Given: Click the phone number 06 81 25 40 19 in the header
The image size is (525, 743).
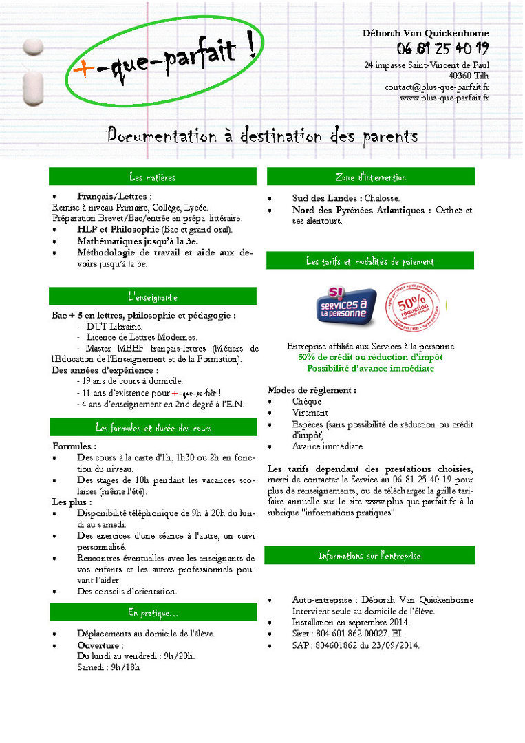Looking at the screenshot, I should (x=442, y=48).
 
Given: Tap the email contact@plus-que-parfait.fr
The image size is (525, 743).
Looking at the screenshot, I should (x=437, y=87).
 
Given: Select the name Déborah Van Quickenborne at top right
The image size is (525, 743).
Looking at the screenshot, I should (x=425, y=33).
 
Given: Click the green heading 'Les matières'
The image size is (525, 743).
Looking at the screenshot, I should (x=152, y=177).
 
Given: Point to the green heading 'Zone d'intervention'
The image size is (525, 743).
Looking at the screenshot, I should (x=370, y=177).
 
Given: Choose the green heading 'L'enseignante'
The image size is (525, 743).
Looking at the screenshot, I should (x=152, y=297).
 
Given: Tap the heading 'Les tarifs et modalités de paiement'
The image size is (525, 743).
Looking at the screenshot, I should (x=370, y=261).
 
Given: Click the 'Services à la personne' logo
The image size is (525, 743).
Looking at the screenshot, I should (x=346, y=307).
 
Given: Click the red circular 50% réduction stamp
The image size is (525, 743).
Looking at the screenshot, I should (x=411, y=305).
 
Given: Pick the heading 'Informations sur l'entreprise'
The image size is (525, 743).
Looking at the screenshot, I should (x=369, y=556).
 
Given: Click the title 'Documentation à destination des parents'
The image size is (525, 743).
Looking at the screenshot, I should (x=262, y=135).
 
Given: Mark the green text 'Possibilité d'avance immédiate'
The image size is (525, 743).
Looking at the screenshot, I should (x=370, y=369).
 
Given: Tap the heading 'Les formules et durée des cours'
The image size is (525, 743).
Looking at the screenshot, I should (x=153, y=428).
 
